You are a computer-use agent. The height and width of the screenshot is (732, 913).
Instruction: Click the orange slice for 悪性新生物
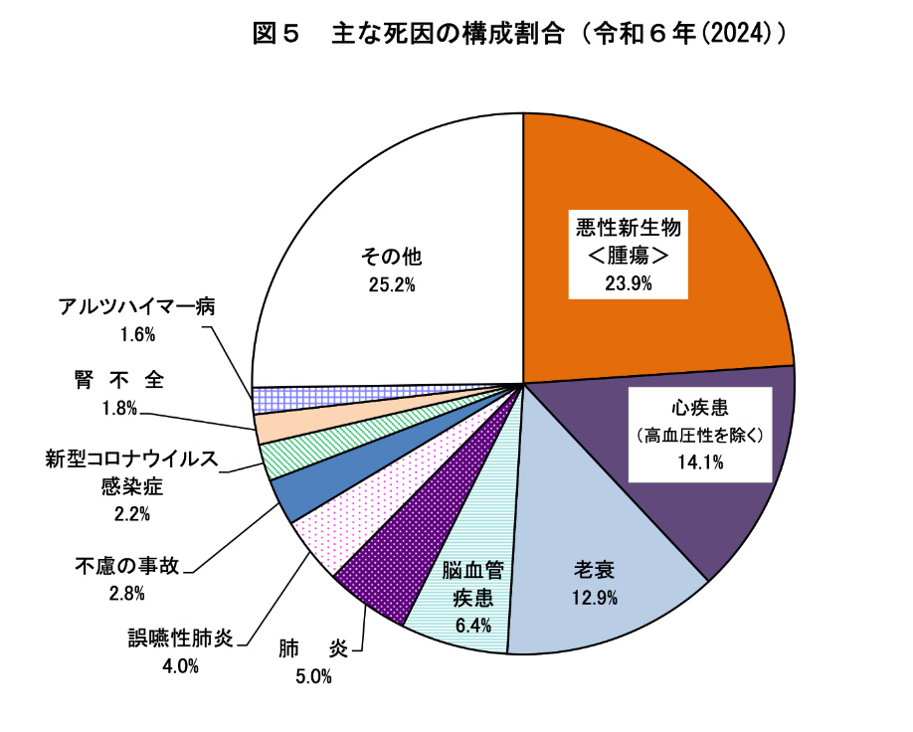686,199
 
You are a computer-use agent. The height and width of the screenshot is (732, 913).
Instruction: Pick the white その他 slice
398,199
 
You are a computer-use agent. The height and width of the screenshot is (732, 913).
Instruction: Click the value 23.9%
628,282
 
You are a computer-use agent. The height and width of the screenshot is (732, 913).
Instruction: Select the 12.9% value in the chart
595,598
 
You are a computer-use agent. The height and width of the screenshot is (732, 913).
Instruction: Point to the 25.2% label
391,284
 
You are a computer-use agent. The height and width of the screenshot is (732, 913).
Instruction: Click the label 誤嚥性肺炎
180,638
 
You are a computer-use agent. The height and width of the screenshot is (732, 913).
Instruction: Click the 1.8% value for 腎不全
119,408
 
